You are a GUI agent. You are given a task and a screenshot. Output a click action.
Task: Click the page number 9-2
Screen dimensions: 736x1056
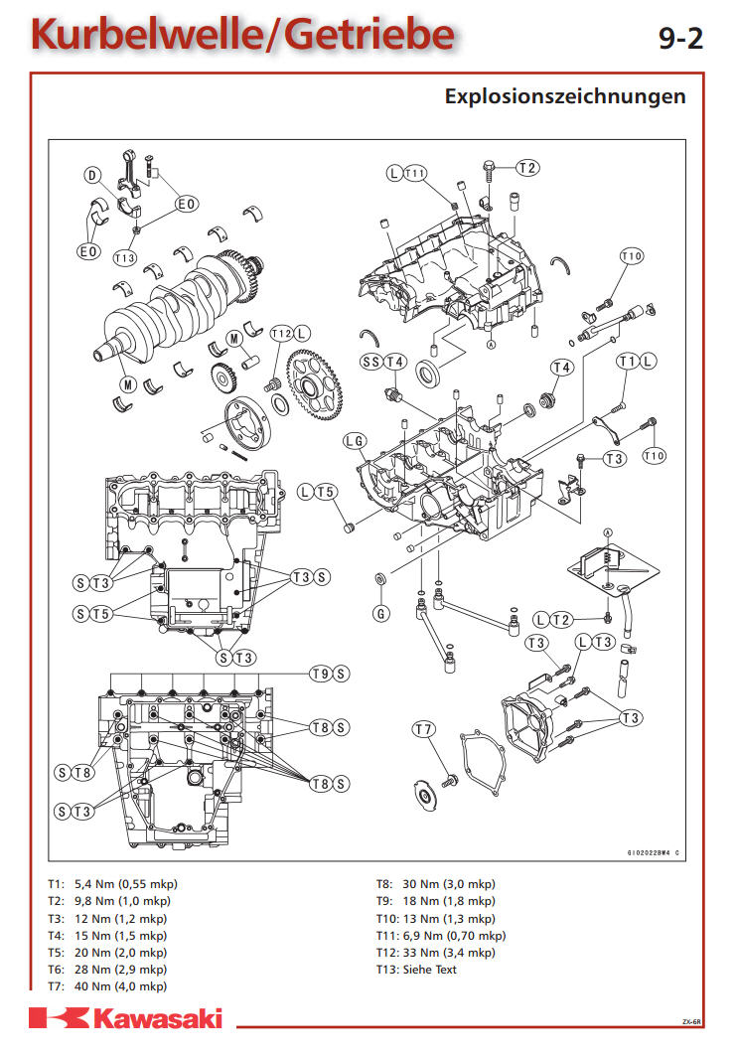point(680,39)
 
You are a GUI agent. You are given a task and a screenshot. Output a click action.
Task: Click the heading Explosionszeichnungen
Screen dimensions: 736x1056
point(565,96)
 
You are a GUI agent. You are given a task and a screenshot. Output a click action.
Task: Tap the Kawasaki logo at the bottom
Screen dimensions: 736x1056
point(126,1018)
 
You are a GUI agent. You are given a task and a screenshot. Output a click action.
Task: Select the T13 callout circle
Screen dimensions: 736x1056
point(124,257)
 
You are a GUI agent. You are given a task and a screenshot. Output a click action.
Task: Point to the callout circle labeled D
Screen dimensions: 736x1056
point(92,176)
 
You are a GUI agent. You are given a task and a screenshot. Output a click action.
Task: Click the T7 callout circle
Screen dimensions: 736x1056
point(423,729)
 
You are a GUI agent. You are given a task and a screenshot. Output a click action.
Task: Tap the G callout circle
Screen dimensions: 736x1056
point(381,613)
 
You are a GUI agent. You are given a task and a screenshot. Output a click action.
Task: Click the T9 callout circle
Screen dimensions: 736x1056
point(321,674)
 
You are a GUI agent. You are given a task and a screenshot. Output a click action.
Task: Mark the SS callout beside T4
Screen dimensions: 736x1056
point(371,362)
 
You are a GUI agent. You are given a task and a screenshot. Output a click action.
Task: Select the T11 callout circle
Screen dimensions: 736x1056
point(415,173)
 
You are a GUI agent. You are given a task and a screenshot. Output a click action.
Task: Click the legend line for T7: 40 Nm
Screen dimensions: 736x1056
point(107,985)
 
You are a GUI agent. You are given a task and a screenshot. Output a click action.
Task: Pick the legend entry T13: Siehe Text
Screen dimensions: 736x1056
point(416,970)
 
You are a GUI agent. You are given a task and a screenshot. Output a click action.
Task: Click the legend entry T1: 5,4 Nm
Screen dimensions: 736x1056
point(112,883)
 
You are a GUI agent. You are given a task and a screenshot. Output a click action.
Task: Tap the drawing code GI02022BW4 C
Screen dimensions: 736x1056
point(654,852)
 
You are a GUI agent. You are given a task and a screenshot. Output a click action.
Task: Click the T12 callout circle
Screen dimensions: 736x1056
point(281,334)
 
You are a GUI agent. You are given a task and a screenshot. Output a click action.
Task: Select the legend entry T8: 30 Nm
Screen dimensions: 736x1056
point(436,883)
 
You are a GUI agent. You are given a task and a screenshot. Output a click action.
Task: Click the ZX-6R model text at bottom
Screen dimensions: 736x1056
point(691,1021)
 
